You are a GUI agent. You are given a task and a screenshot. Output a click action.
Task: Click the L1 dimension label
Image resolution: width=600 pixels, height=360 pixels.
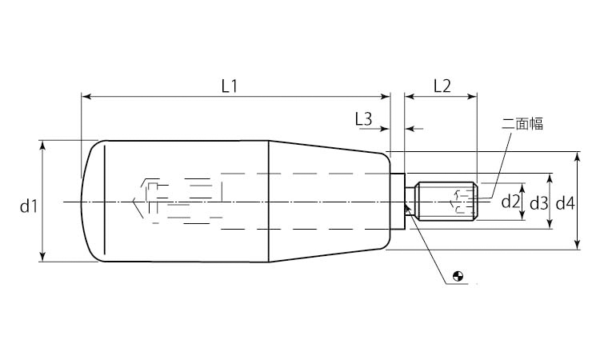(x=230, y=87)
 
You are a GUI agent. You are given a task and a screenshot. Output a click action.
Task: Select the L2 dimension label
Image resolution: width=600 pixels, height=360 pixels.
(x=442, y=86)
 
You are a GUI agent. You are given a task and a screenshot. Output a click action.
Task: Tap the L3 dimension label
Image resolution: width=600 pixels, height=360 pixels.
(x=363, y=119)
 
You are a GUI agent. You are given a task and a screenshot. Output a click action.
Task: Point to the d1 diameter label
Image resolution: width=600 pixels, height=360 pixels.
(x=29, y=206)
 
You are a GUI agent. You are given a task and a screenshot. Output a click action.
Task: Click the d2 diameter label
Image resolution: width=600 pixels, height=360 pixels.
(x=510, y=202)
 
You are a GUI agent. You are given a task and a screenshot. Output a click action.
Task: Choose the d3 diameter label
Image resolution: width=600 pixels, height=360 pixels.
(x=538, y=204)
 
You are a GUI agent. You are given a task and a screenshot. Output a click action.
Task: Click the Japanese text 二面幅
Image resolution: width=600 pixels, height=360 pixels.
(x=522, y=123)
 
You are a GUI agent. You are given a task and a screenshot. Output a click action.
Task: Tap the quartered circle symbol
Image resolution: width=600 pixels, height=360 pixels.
(x=458, y=276)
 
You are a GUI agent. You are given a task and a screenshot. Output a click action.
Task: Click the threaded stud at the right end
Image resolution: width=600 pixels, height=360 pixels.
(x=446, y=202)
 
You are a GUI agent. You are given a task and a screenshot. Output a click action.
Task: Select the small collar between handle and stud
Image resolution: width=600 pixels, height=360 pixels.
(x=397, y=202)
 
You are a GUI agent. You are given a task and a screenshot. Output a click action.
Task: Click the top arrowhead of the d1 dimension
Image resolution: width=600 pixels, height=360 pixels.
(x=42, y=145)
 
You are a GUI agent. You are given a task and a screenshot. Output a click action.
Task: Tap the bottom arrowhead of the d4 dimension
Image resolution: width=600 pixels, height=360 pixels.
(x=578, y=245)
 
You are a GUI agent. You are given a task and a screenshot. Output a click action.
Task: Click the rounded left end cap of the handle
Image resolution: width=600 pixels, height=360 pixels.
(x=93, y=202)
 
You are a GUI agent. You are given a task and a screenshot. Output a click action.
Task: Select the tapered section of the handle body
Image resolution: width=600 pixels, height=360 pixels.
(x=330, y=202)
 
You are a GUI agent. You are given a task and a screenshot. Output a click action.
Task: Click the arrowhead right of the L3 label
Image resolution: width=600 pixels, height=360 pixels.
(x=385, y=129)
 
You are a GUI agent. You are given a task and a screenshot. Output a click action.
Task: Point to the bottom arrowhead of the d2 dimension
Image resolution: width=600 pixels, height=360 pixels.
(x=522, y=216)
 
